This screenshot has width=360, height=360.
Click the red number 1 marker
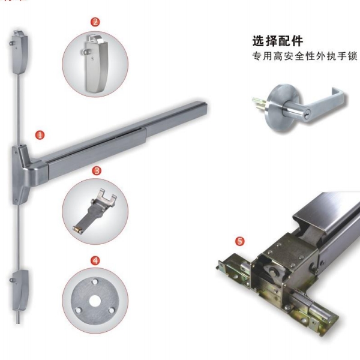tap(40, 135)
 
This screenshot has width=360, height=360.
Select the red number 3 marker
tap(95, 170)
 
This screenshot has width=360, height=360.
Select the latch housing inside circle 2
tap(95, 62)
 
